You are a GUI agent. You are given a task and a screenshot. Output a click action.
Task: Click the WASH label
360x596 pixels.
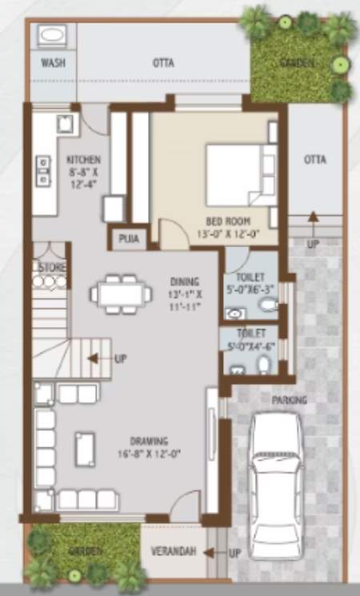coord(53,63)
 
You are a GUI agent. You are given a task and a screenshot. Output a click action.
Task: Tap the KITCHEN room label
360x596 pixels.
coord(84,158)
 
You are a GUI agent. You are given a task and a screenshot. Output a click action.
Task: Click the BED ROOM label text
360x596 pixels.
coord(228,221)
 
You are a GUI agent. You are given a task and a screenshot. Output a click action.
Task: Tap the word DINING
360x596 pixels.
coord(186,282)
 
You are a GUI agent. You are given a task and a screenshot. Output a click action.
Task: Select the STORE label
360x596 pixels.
coord(52,266)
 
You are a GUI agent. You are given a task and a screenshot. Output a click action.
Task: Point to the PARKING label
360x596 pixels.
coord(289,399)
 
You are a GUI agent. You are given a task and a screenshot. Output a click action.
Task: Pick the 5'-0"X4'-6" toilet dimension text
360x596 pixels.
coord(250,347)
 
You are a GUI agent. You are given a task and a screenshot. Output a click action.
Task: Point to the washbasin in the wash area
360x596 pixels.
coord(53,36)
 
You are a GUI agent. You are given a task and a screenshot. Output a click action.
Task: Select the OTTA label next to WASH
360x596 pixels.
coord(164,63)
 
